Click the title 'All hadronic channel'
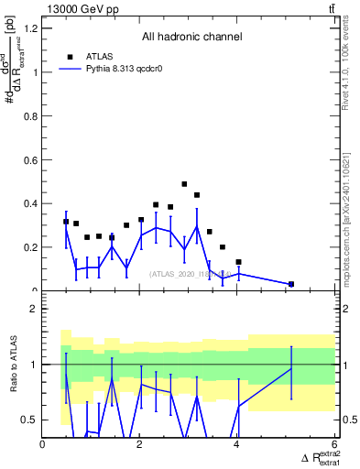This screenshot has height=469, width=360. coord(191,37)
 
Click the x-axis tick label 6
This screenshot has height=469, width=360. coord(334,445)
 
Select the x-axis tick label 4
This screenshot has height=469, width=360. coord(237,445)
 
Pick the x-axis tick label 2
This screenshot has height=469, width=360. coord(140,445)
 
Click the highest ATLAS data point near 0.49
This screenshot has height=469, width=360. coord(184,184)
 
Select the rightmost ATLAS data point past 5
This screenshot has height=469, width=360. coord(291,284)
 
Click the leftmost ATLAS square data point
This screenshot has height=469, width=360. coord(66,222)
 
